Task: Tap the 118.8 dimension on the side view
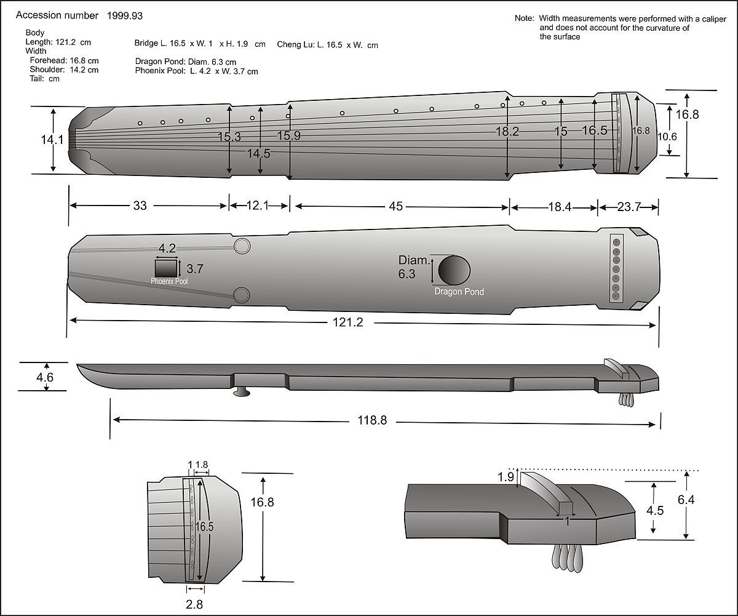[x=376, y=422]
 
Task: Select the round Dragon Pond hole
[x=454, y=270]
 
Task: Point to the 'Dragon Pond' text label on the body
[x=459, y=292]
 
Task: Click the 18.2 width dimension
[x=507, y=131]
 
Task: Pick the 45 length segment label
[x=395, y=207]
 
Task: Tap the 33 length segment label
[x=140, y=206]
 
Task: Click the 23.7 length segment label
[x=629, y=207]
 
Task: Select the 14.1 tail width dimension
[x=52, y=140]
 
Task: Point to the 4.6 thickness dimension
[x=46, y=377]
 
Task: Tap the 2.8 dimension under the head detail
[x=194, y=604]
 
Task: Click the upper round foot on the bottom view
[x=242, y=246]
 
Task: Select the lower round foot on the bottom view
[x=242, y=295]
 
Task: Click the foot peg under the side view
[x=242, y=392]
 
